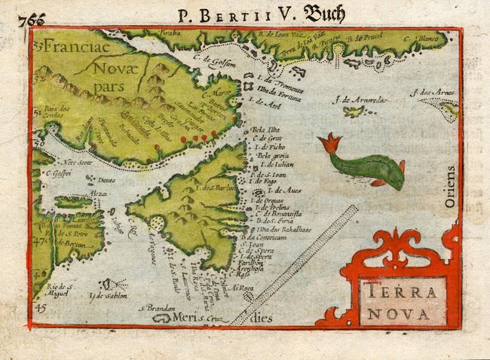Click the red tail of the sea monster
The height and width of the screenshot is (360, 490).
(x=329, y=142)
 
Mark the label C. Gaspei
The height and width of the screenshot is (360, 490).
(x=57, y=173)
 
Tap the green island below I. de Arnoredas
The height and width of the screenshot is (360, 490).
(x=352, y=111)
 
